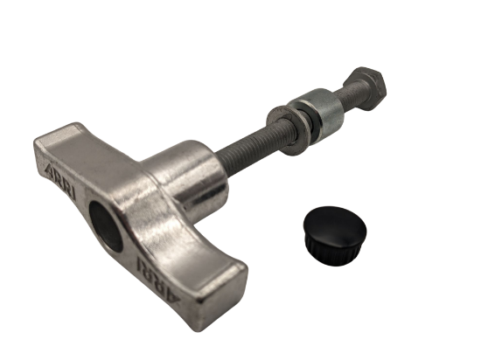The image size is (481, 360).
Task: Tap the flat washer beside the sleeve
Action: pos(288,130)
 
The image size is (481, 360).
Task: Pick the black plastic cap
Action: pos(335,235)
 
